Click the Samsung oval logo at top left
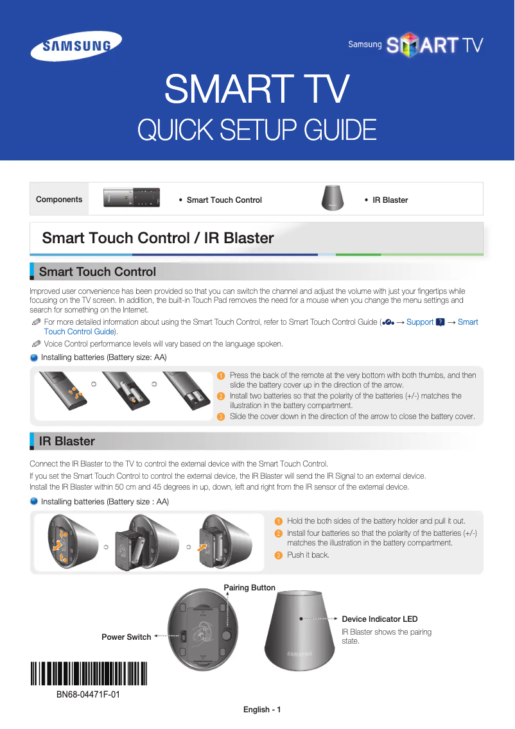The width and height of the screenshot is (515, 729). point(76,46)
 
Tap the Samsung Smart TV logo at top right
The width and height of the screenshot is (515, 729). point(415,45)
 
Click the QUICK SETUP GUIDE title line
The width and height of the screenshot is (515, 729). point(257,130)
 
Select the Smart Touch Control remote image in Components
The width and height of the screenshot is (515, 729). point(131,199)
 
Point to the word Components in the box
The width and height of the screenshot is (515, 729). point(59,200)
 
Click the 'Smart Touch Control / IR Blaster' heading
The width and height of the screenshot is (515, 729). point(157,238)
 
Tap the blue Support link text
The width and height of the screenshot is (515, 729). point(420,322)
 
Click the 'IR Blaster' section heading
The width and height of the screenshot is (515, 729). point(67,441)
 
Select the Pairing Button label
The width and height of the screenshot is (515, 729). point(249,588)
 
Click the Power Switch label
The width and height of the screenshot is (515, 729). point(127,637)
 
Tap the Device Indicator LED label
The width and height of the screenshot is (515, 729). point(380,619)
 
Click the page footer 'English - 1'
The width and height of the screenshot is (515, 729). point(262,710)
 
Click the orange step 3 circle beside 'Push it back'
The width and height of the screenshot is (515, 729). point(278,555)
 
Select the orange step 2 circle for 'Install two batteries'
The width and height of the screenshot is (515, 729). point(221,396)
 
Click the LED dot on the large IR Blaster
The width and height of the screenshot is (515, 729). point(300,619)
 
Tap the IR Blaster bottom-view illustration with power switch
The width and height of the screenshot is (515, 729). point(199,635)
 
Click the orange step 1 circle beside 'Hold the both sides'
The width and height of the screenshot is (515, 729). point(278,521)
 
